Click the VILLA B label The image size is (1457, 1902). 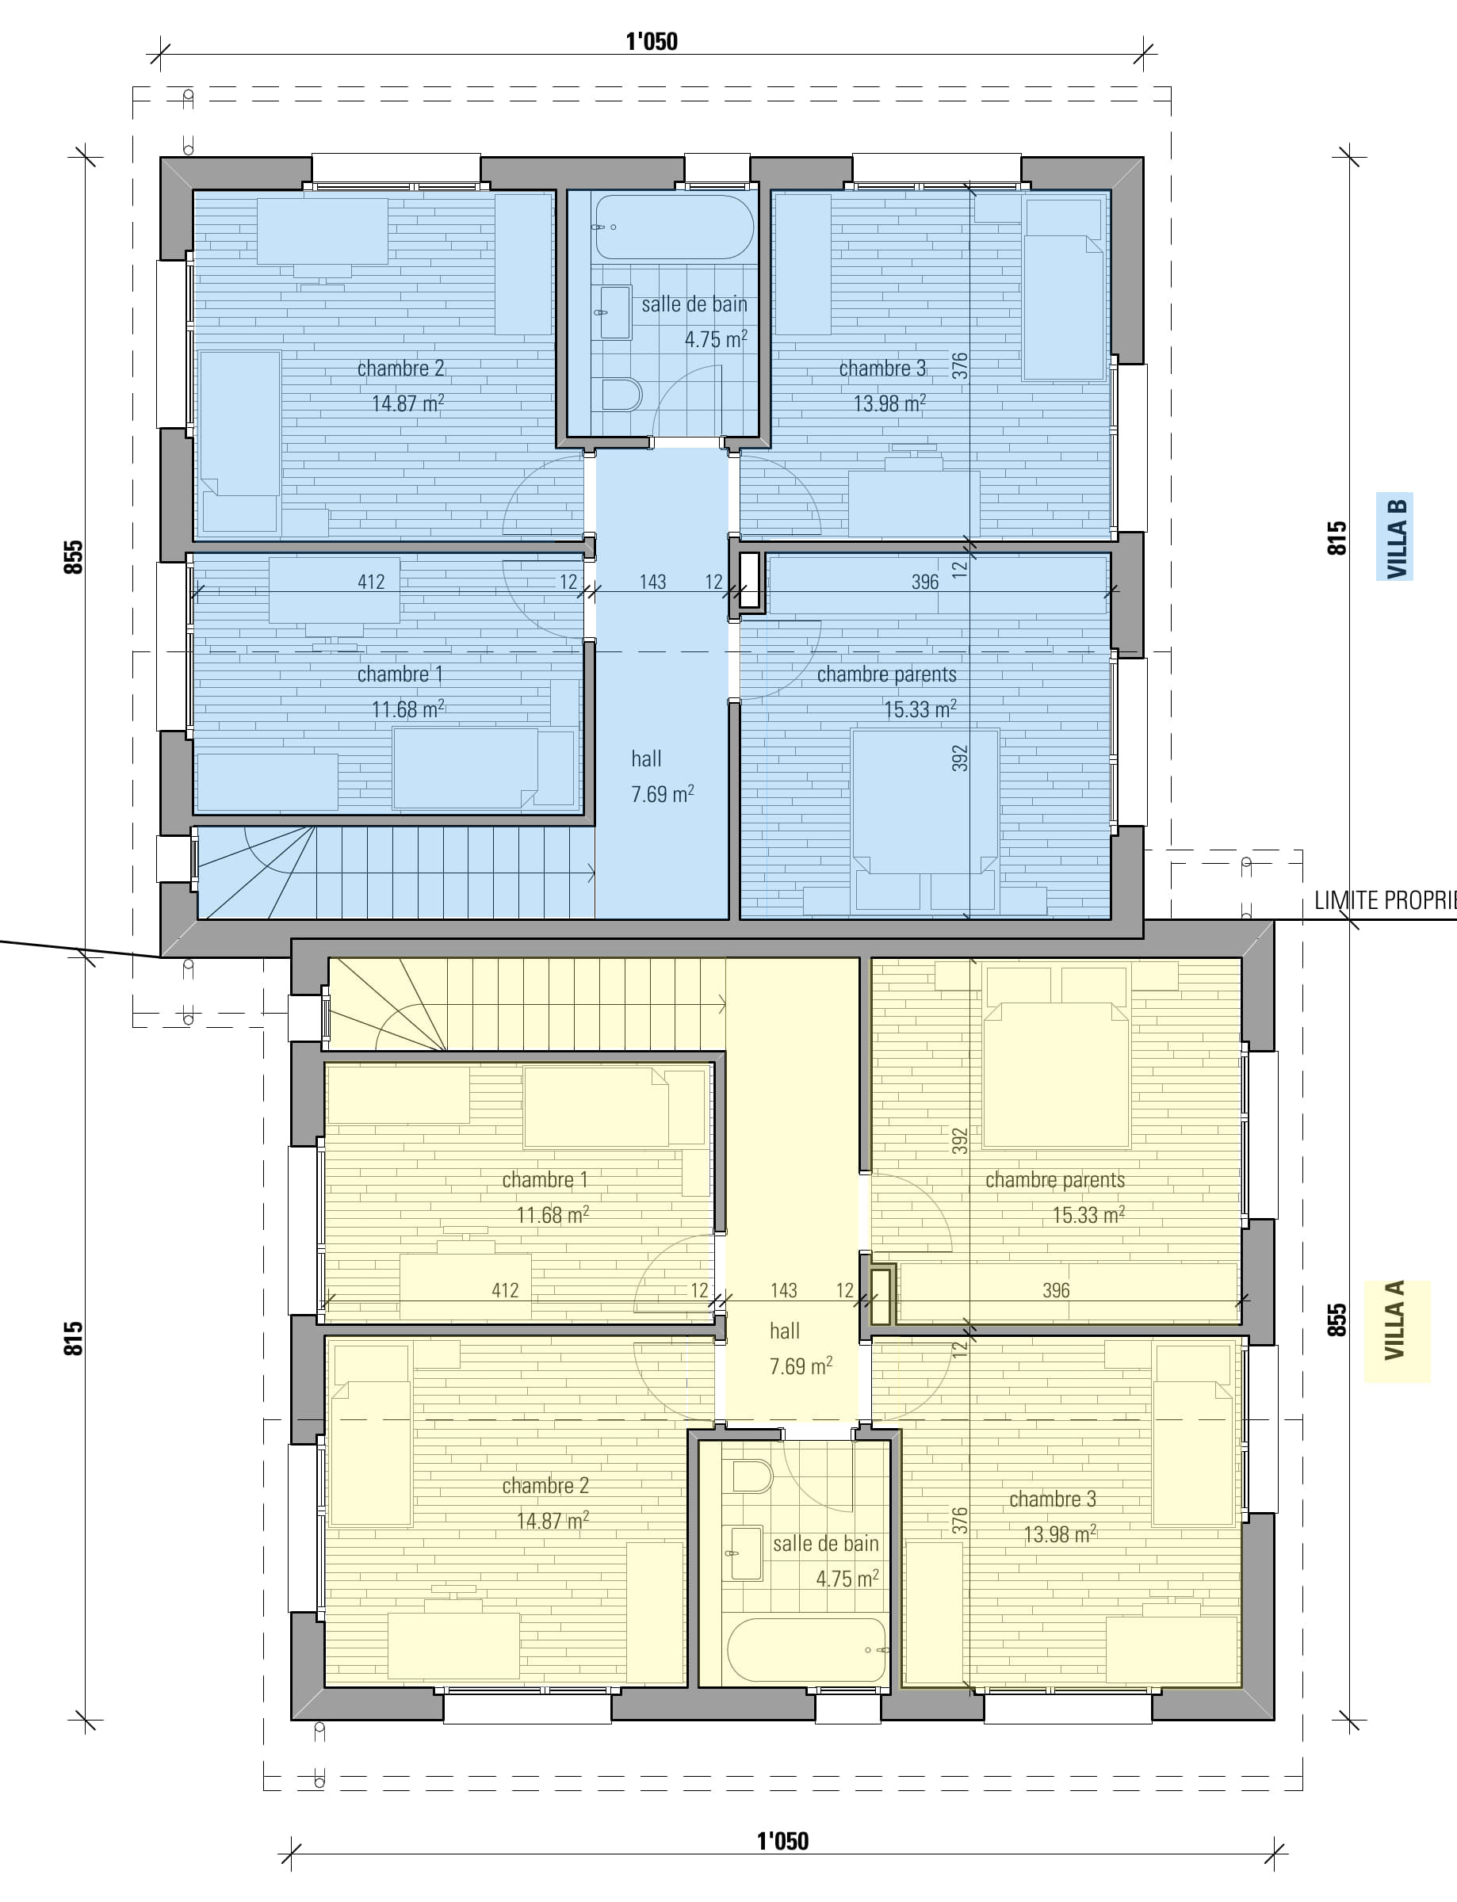[1395, 537]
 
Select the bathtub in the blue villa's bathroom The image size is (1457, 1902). [674, 227]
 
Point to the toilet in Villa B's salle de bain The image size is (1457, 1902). [621, 394]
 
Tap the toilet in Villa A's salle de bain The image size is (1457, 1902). [752, 1476]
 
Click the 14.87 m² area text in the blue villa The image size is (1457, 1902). [407, 403]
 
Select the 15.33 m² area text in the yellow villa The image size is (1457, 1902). [1088, 1215]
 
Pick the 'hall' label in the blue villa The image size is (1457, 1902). [646, 758]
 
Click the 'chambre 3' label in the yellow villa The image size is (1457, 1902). [1052, 1499]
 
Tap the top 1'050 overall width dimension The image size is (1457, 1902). [652, 40]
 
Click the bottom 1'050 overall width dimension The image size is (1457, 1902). [782, 1840]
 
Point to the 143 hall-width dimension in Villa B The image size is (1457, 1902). [652, 582]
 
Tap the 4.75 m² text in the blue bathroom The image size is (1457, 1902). [716, 339]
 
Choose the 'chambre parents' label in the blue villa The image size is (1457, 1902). [886, 674]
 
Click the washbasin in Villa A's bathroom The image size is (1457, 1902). [747, 1555]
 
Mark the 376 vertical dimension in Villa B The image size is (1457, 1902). [959, 365]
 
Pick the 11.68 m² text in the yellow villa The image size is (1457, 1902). [553, 1215]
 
